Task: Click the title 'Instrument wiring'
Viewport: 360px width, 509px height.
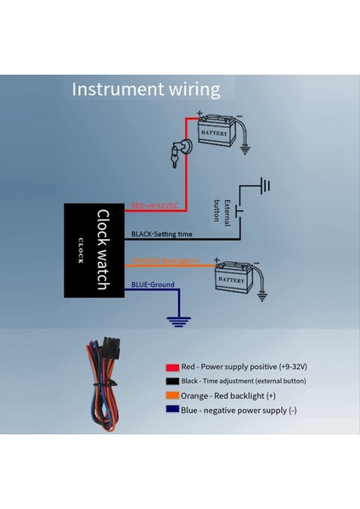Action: point(145,89)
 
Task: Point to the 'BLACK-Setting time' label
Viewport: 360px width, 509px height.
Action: point(161,234)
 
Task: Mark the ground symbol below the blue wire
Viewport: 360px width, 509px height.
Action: point(178,321)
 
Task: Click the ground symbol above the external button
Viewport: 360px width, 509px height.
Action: point(264,185)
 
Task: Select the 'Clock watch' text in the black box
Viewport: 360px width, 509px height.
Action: point(101,249)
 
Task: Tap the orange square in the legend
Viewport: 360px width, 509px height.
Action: point(172,394)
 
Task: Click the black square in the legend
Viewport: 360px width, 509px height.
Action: point(172,382)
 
